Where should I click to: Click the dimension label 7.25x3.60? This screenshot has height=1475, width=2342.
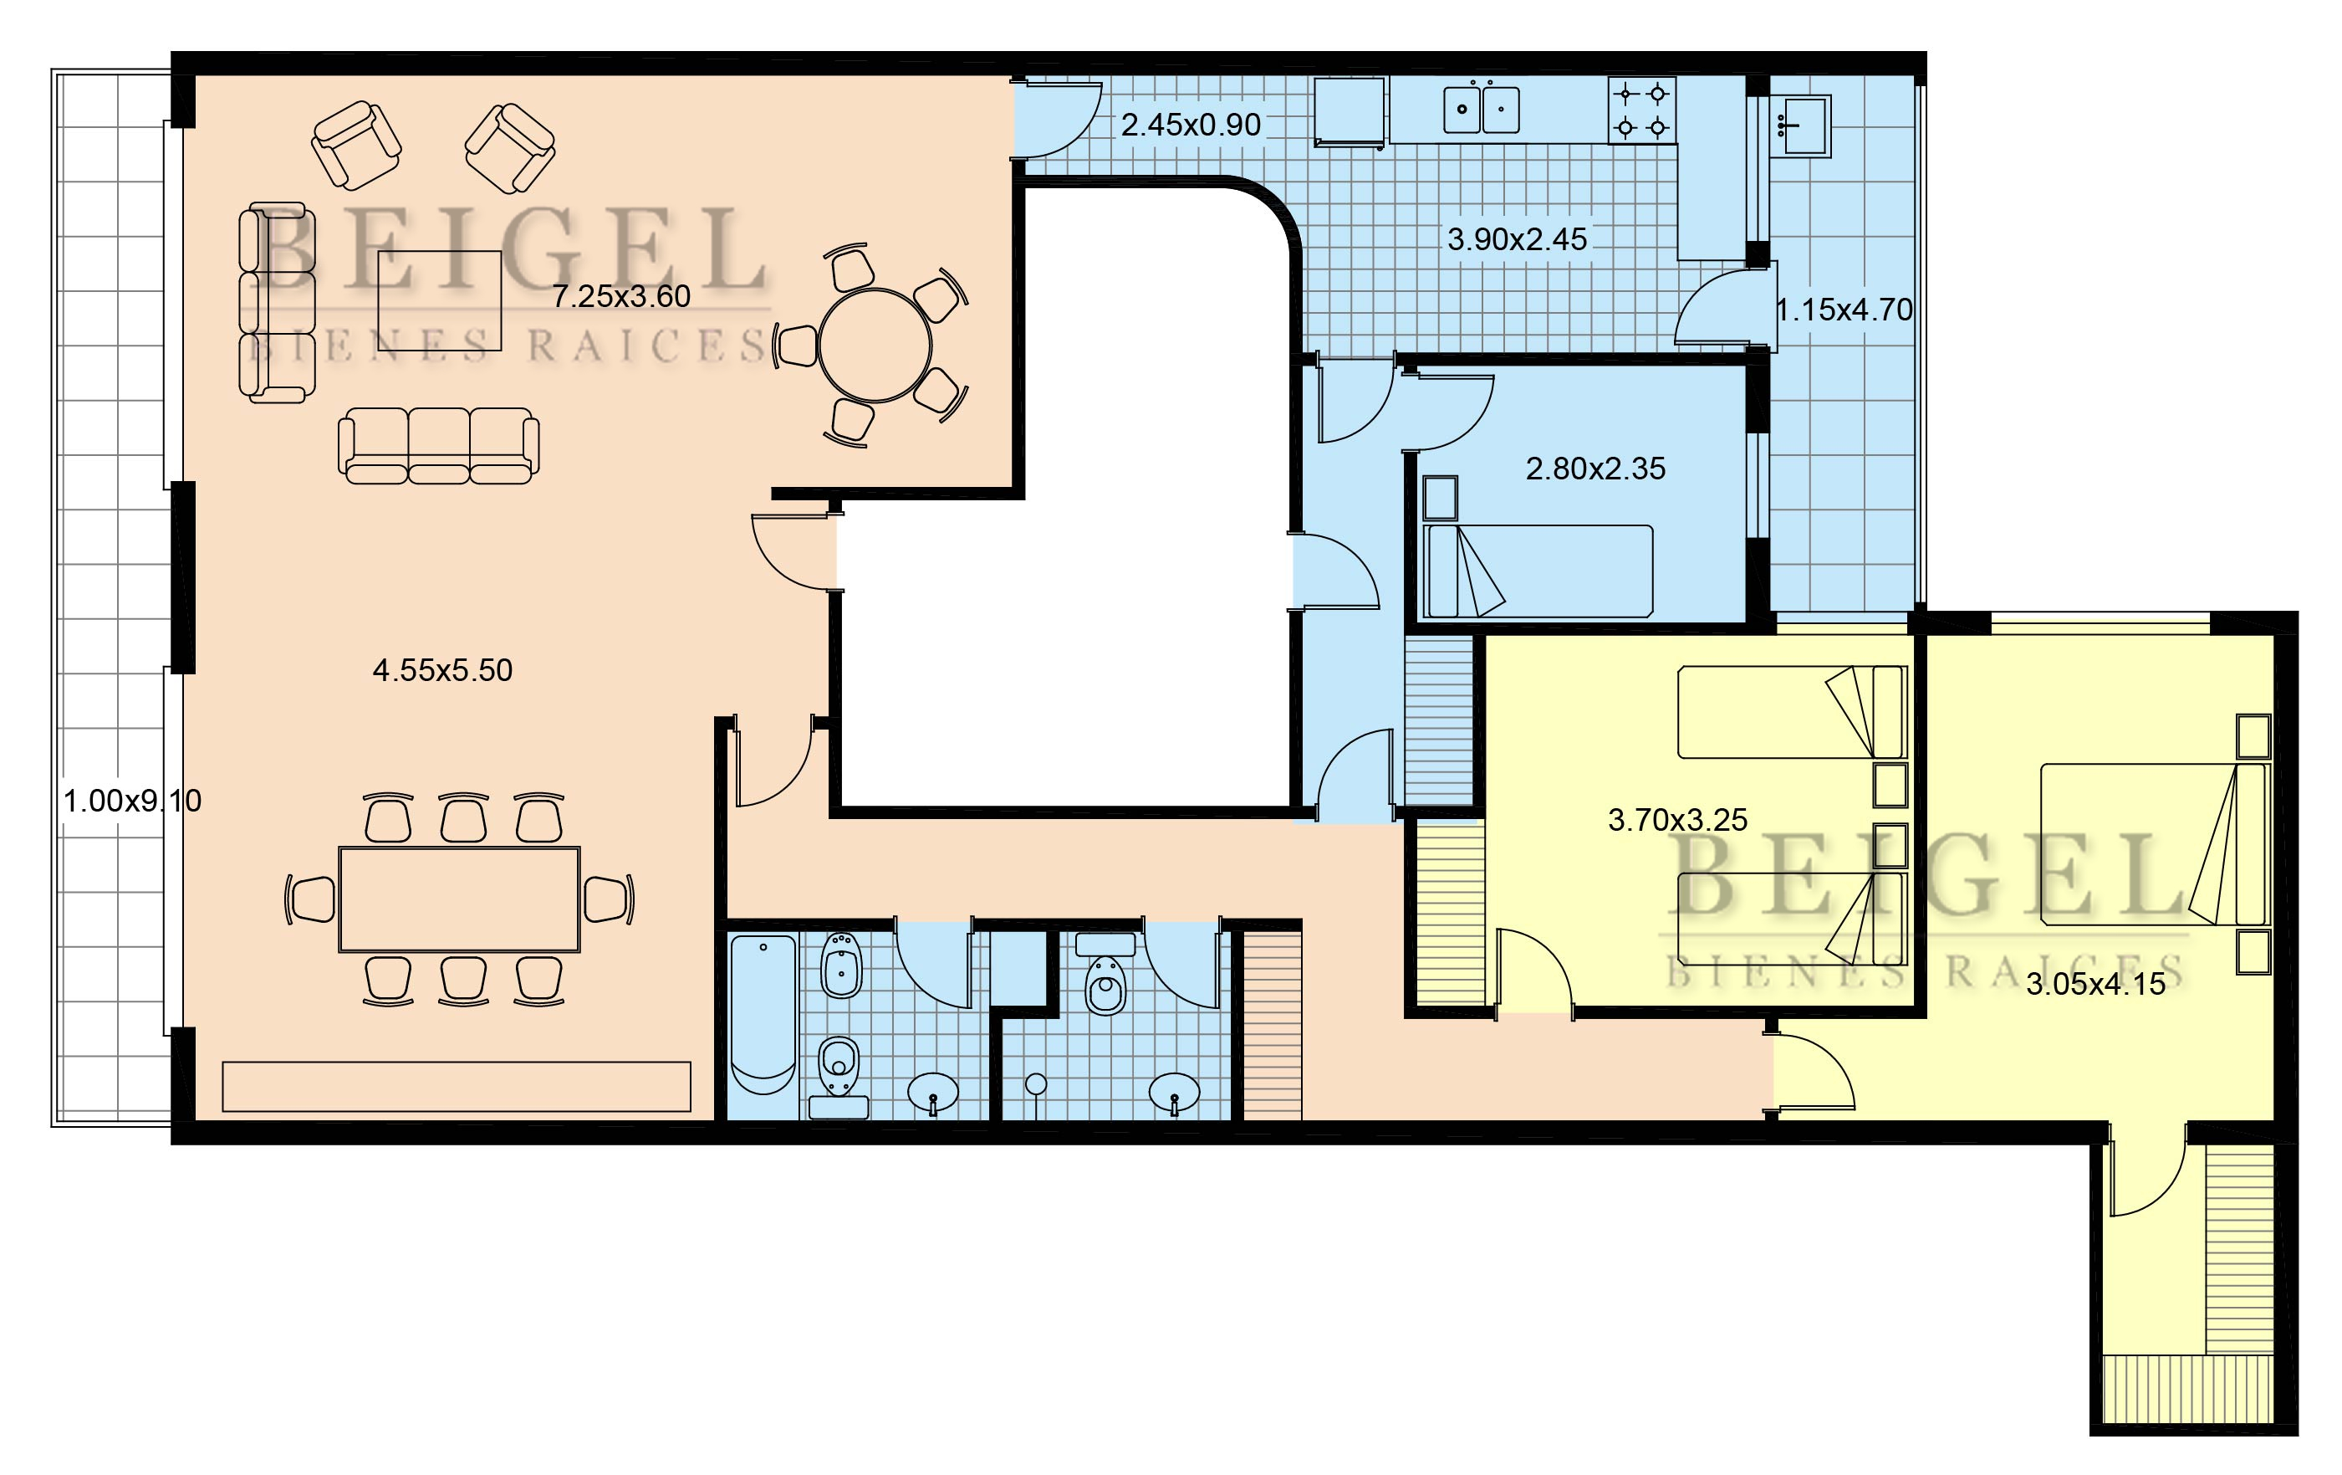(x=621, y=296)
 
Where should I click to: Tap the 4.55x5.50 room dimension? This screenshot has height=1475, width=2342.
(x=442, y=669)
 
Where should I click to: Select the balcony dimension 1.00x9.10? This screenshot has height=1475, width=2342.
(x=132, y=801)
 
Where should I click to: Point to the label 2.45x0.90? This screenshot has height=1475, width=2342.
(x=1191, y=125)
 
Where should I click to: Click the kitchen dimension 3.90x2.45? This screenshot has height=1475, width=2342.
(x=1518, y=238)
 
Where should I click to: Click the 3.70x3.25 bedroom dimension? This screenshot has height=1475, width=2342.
(x=1678, y=819)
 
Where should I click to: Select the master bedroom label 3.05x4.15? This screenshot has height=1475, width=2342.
(x=2096, y=984)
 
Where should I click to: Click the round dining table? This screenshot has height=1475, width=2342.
(x=875, y=346)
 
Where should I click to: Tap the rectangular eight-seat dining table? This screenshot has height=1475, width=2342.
(x=459, y=899)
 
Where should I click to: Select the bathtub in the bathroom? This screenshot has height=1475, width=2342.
(x=763, y=1015)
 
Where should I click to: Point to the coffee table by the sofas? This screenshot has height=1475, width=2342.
(x=440, y=300)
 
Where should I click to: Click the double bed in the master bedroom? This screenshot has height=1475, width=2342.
(x=2155, y=843)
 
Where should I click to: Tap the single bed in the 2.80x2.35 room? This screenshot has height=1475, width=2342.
(x=1538, y=571)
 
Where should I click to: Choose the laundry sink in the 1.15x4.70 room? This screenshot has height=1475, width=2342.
(x=1799, y=125)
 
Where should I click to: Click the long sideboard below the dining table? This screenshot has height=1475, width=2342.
(x=457, y=1086)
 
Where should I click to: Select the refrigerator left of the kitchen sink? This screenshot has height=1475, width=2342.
(x=1349, y=112)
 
